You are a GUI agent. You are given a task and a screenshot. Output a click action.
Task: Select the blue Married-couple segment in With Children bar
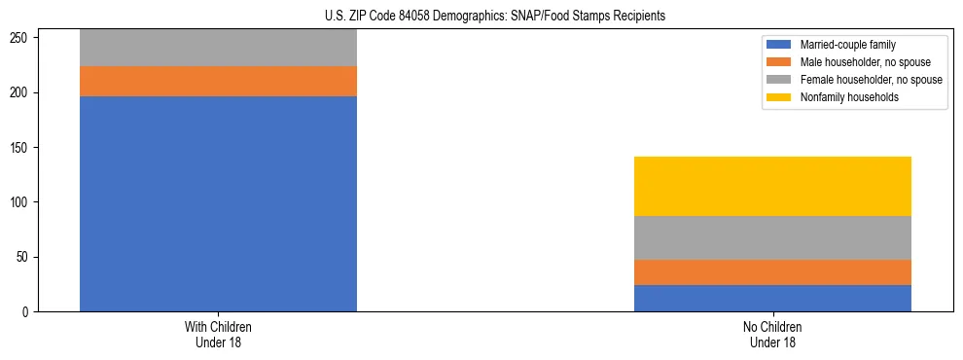218,203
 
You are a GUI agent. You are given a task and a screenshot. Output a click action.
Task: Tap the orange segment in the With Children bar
218,81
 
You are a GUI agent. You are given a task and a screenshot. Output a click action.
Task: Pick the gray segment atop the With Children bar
218,48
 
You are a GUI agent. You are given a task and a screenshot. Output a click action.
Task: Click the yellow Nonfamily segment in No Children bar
772,186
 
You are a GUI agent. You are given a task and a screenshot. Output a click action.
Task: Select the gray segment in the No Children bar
772,237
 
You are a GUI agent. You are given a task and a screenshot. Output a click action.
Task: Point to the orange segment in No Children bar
772,272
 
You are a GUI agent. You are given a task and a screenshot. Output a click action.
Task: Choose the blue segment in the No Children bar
772,298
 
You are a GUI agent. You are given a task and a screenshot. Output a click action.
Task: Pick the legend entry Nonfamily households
849,97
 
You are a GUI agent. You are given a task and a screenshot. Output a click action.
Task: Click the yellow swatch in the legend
779,97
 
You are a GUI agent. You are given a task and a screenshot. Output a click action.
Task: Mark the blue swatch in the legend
779,45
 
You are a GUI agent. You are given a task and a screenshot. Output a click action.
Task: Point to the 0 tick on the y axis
29,311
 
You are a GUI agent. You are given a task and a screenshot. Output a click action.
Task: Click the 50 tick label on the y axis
26,258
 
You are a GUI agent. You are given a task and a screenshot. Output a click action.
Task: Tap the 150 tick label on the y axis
23,148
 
